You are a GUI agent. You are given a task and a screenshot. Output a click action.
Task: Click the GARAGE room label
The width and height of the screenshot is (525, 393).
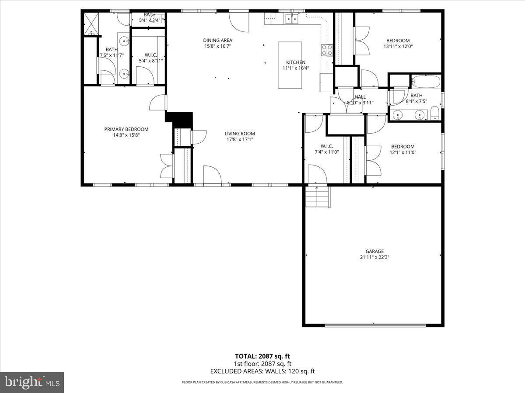pyautogui.click(x=374, y=251)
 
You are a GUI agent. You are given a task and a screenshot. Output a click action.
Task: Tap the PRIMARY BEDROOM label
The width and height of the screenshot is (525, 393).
pyautogui.click(x=126, y=129)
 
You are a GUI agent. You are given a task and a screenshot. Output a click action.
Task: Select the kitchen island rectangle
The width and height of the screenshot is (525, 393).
pyautogui.click(x=290, y=65)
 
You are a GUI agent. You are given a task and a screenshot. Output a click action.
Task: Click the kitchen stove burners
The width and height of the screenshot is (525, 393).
pyautogui.click(x=326, y=50)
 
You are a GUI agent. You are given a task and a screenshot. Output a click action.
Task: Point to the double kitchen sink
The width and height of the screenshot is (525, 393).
pyautogui.click(x=291, y=18)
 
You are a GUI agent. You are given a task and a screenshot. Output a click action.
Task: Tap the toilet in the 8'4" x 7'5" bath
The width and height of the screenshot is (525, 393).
pyautogui.click(x=435, y=114)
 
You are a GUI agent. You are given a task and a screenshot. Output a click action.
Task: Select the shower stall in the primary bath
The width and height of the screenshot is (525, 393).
pyautogui.click(x=91, y=24)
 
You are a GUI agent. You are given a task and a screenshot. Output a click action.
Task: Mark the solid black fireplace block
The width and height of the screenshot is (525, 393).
pyautogui.click(x=179, y=119)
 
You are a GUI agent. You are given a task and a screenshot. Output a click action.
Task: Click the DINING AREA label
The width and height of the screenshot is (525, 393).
pyautogui.click(x=217, y=41)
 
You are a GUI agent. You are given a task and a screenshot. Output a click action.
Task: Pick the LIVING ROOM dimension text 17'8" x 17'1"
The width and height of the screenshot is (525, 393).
pyautogui.click(x=240, y=140)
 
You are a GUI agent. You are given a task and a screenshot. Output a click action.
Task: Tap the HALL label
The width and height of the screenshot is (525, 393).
pyautogui.click(x=360, y=97)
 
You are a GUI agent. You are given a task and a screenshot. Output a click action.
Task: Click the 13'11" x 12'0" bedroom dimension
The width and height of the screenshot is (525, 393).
pyautogui.click(x=398, y=46)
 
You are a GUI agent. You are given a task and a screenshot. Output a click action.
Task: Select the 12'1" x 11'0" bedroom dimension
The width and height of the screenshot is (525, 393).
pyautogui.click(x=402, y=152)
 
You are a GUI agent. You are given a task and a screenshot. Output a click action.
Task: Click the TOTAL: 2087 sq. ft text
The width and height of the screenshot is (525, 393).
pyautogui.click(x=262, y=356)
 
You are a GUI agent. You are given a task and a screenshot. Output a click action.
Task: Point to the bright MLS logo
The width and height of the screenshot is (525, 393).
pyautogui.click(x=32, y=383)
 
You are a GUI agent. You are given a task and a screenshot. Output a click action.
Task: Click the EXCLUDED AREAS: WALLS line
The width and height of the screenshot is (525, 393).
pyautogui.click(x=262, y=371)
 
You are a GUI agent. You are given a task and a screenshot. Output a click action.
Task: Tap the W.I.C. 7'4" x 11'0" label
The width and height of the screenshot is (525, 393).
pyautogui.click(x=327, y=149)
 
